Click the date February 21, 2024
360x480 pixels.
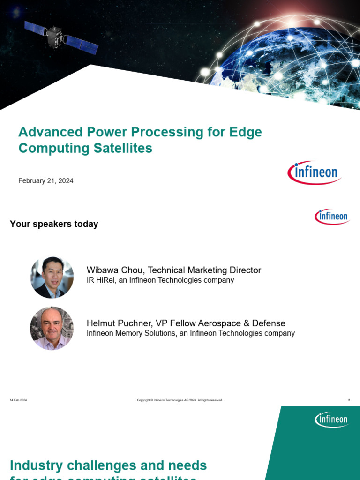(45, 180)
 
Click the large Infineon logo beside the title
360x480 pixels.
(314, 172)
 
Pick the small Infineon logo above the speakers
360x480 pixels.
(332, 217)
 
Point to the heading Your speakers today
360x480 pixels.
(54, 224)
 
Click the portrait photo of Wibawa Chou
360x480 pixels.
(52, 277)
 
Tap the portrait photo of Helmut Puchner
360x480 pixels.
(52, 328)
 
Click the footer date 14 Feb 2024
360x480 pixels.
(18, 400)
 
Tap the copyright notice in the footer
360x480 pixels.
(180, 400)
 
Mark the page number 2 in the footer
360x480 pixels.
(349, 400)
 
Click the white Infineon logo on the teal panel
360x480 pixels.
(331, 420)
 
